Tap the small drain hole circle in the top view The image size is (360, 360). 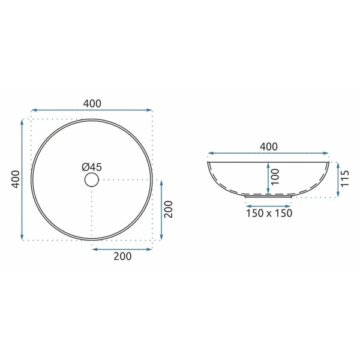(x=92, y=179)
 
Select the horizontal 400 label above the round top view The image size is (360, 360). (x=92, y=103)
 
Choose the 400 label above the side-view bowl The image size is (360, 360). (x=268, y=146)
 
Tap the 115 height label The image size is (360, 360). (x=344, y=179)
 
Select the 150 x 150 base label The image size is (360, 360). (x=269, y=214)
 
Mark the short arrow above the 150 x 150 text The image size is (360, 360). (x=268, y=203)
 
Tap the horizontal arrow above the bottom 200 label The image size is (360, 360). (x=122, y=248)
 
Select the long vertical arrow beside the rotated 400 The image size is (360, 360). (x=23, y=179)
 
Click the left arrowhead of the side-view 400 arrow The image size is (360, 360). (x=210, y=154)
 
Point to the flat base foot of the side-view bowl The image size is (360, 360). (x=268, y=196)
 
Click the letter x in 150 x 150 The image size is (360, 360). (x=269, y=214)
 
